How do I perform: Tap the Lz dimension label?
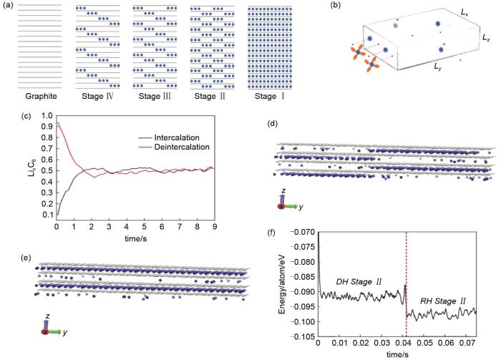(486, 35)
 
